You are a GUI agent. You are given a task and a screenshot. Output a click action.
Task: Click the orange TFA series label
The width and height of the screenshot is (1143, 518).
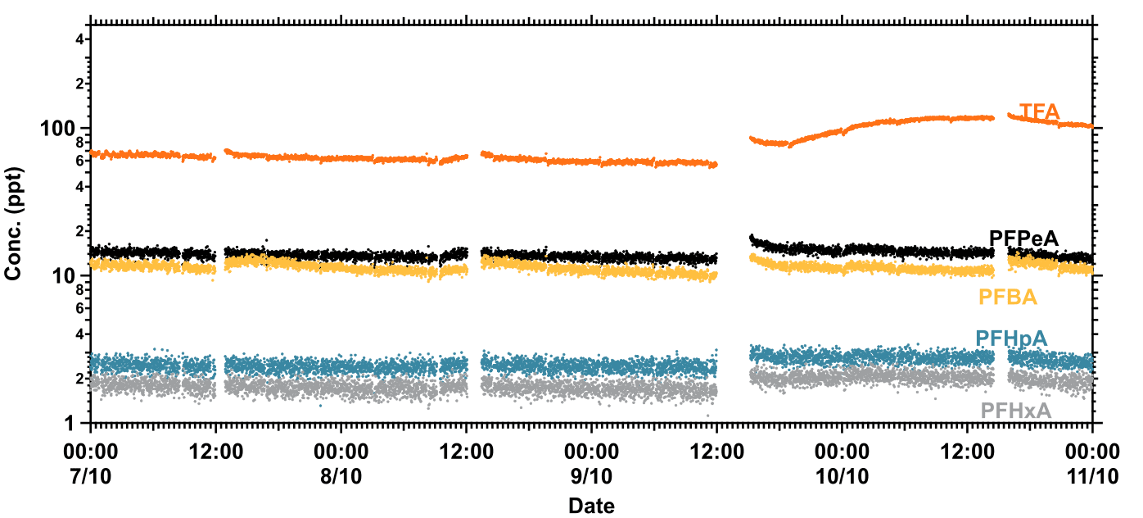point(1039,111)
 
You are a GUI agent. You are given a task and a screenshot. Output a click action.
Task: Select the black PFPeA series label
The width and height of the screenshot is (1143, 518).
point(1023,239)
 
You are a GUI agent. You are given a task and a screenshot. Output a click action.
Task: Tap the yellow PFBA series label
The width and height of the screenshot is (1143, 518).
point(1008,298)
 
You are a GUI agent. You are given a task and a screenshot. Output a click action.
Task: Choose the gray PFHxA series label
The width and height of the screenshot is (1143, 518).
point(1015,410)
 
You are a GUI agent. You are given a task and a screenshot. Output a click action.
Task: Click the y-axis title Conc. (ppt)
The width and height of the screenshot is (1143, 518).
point(13,224)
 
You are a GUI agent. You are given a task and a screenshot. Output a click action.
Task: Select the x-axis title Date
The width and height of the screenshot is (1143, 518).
point(591,505)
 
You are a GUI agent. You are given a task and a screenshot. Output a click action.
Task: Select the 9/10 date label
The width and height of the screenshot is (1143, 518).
point(591,476)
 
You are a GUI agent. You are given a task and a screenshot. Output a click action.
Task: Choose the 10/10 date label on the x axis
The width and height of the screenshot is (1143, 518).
point(842,476)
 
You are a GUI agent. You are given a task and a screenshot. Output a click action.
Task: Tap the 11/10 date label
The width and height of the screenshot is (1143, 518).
point(1092,476)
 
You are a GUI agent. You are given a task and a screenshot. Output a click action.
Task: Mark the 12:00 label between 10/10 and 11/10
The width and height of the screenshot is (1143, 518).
point(967,452)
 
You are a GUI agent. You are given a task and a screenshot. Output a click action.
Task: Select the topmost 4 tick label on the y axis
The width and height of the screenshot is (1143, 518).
point(79,39)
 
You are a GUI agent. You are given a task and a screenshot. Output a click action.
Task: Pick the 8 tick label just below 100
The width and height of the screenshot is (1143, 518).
point(79,143)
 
